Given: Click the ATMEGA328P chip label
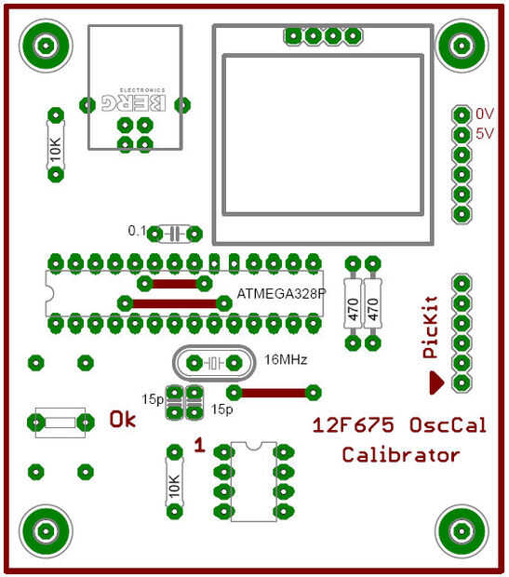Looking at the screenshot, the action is tap(282, 294).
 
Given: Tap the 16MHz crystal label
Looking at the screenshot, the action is tap(286, 359).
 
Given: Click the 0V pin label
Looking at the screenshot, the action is tap(485, 114).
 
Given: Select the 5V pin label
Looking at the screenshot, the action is tap(485, 133).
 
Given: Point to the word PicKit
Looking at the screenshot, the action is tap(430, 327).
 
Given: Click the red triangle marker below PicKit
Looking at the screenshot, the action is tap(436, 382).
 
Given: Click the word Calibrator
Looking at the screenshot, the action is tap(401, 455).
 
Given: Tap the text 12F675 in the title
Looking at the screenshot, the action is tap(353, 425).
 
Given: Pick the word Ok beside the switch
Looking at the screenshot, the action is tap(123, 420).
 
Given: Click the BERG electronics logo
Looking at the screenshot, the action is tap(134, 101).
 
